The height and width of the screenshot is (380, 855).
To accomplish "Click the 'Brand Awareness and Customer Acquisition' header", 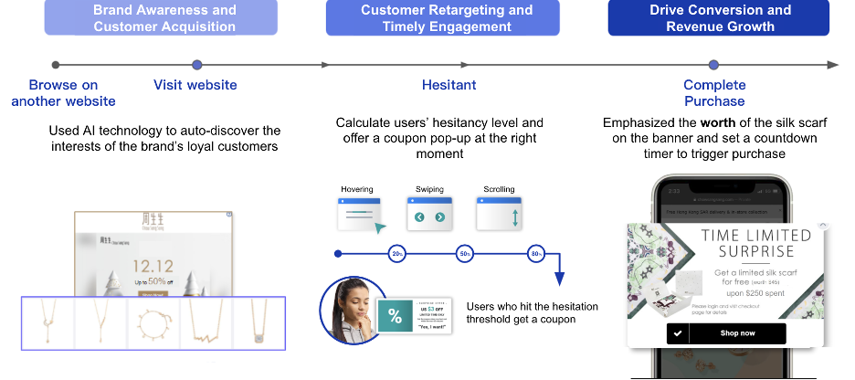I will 164,17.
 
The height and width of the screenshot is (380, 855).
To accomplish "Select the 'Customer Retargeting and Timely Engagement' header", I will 446,17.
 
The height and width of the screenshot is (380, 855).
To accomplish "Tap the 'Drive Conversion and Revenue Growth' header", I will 720,17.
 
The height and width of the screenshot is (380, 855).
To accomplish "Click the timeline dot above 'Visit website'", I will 196,65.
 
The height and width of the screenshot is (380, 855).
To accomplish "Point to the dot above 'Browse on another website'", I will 56,65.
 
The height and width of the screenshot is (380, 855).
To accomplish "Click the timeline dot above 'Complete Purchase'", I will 714,65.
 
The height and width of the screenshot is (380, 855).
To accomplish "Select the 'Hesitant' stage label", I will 449,85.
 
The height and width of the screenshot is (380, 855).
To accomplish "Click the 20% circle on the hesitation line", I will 397,253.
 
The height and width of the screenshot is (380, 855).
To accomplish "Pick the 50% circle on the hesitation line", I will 466,253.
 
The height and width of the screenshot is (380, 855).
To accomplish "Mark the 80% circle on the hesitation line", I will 535,253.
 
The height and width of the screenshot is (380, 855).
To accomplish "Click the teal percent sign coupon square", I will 396,316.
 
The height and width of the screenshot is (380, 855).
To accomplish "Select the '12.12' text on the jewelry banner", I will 150,267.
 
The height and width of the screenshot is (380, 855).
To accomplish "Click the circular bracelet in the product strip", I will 152,322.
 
